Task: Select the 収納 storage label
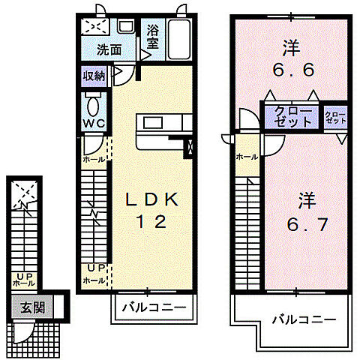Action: click(x=94, y=76)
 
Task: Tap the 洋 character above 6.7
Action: click(x=306, y=200)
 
